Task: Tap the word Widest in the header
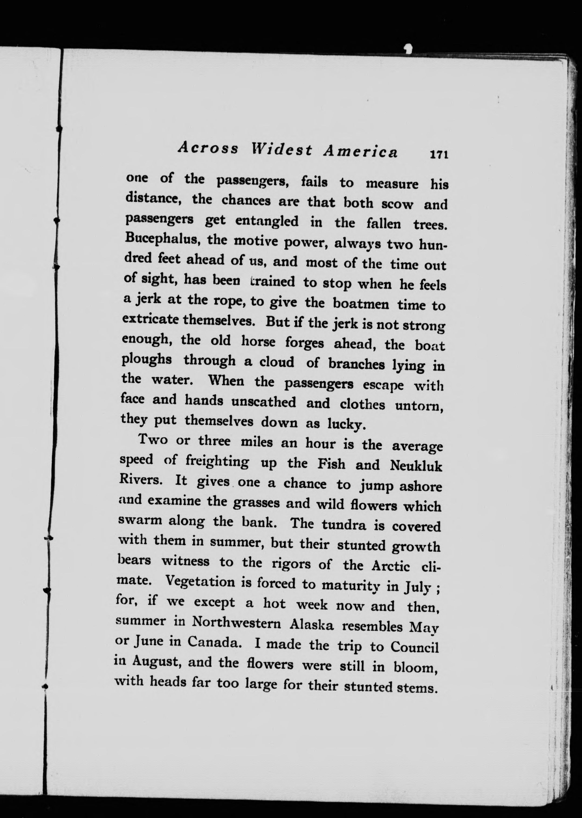(281, 149)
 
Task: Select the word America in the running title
(361, 152)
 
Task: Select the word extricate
(151, 319)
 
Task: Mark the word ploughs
(146, 360)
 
